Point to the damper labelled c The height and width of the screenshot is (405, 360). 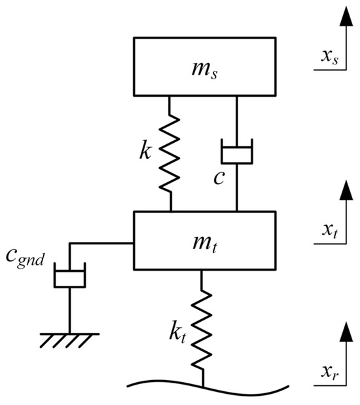coord(236,155)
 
